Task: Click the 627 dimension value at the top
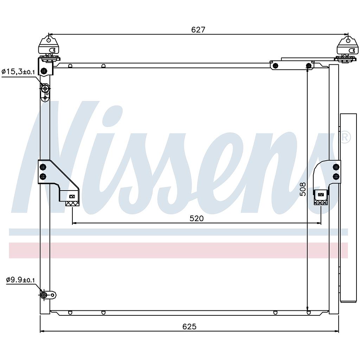(198, 30)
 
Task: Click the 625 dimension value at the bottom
(189, 327)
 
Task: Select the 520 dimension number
(197, 218)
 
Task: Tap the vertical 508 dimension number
(303, 189)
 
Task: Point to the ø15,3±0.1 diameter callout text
(18, 72)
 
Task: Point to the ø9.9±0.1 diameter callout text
(20, 280)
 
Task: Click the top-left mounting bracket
(49, 45)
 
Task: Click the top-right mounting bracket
(347, 46)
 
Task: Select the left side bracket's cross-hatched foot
(72, 203)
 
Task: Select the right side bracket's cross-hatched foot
(321, 202)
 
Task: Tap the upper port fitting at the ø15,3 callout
(45, 89)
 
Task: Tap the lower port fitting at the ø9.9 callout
(44, 295)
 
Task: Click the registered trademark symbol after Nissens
(345, 137)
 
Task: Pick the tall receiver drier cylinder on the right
(348, 207)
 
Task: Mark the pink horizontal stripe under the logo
(178, 250)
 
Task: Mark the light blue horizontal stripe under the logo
(178, 232)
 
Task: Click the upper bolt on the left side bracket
(43, 167)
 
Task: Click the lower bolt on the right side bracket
(336, 176)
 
